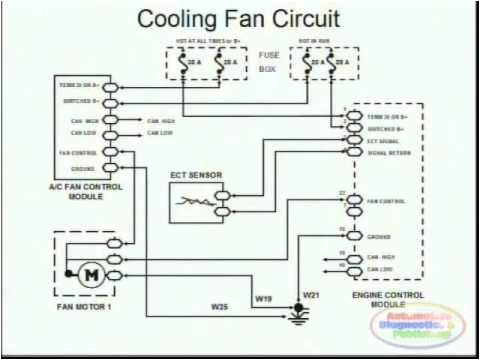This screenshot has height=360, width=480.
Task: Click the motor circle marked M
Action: pyautogui.click(x=88, y=272)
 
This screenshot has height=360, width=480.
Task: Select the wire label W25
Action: pyautogui.click(x=218, y=305)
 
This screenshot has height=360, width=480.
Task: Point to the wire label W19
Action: pyautogui.click(x=264, y=298)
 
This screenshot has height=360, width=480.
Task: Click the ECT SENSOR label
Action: pyautogui.click(x=195, y=174)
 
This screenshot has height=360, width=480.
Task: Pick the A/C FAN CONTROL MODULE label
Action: pyautogui.click(x=83, y=191)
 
